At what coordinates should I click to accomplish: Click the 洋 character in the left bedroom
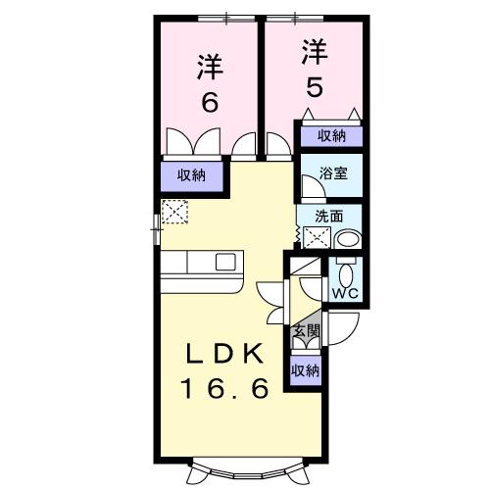(210, 68)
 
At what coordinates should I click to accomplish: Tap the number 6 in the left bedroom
(210, 102)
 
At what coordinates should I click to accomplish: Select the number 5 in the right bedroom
(313, 86)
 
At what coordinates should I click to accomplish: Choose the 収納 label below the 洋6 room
(191, 175)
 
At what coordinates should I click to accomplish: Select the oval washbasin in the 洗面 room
(347, 239)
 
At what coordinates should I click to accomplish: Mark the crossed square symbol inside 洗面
(318, 237)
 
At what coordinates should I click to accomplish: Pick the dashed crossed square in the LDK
(174, 211)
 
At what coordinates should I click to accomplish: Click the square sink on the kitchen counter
(225, 263)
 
